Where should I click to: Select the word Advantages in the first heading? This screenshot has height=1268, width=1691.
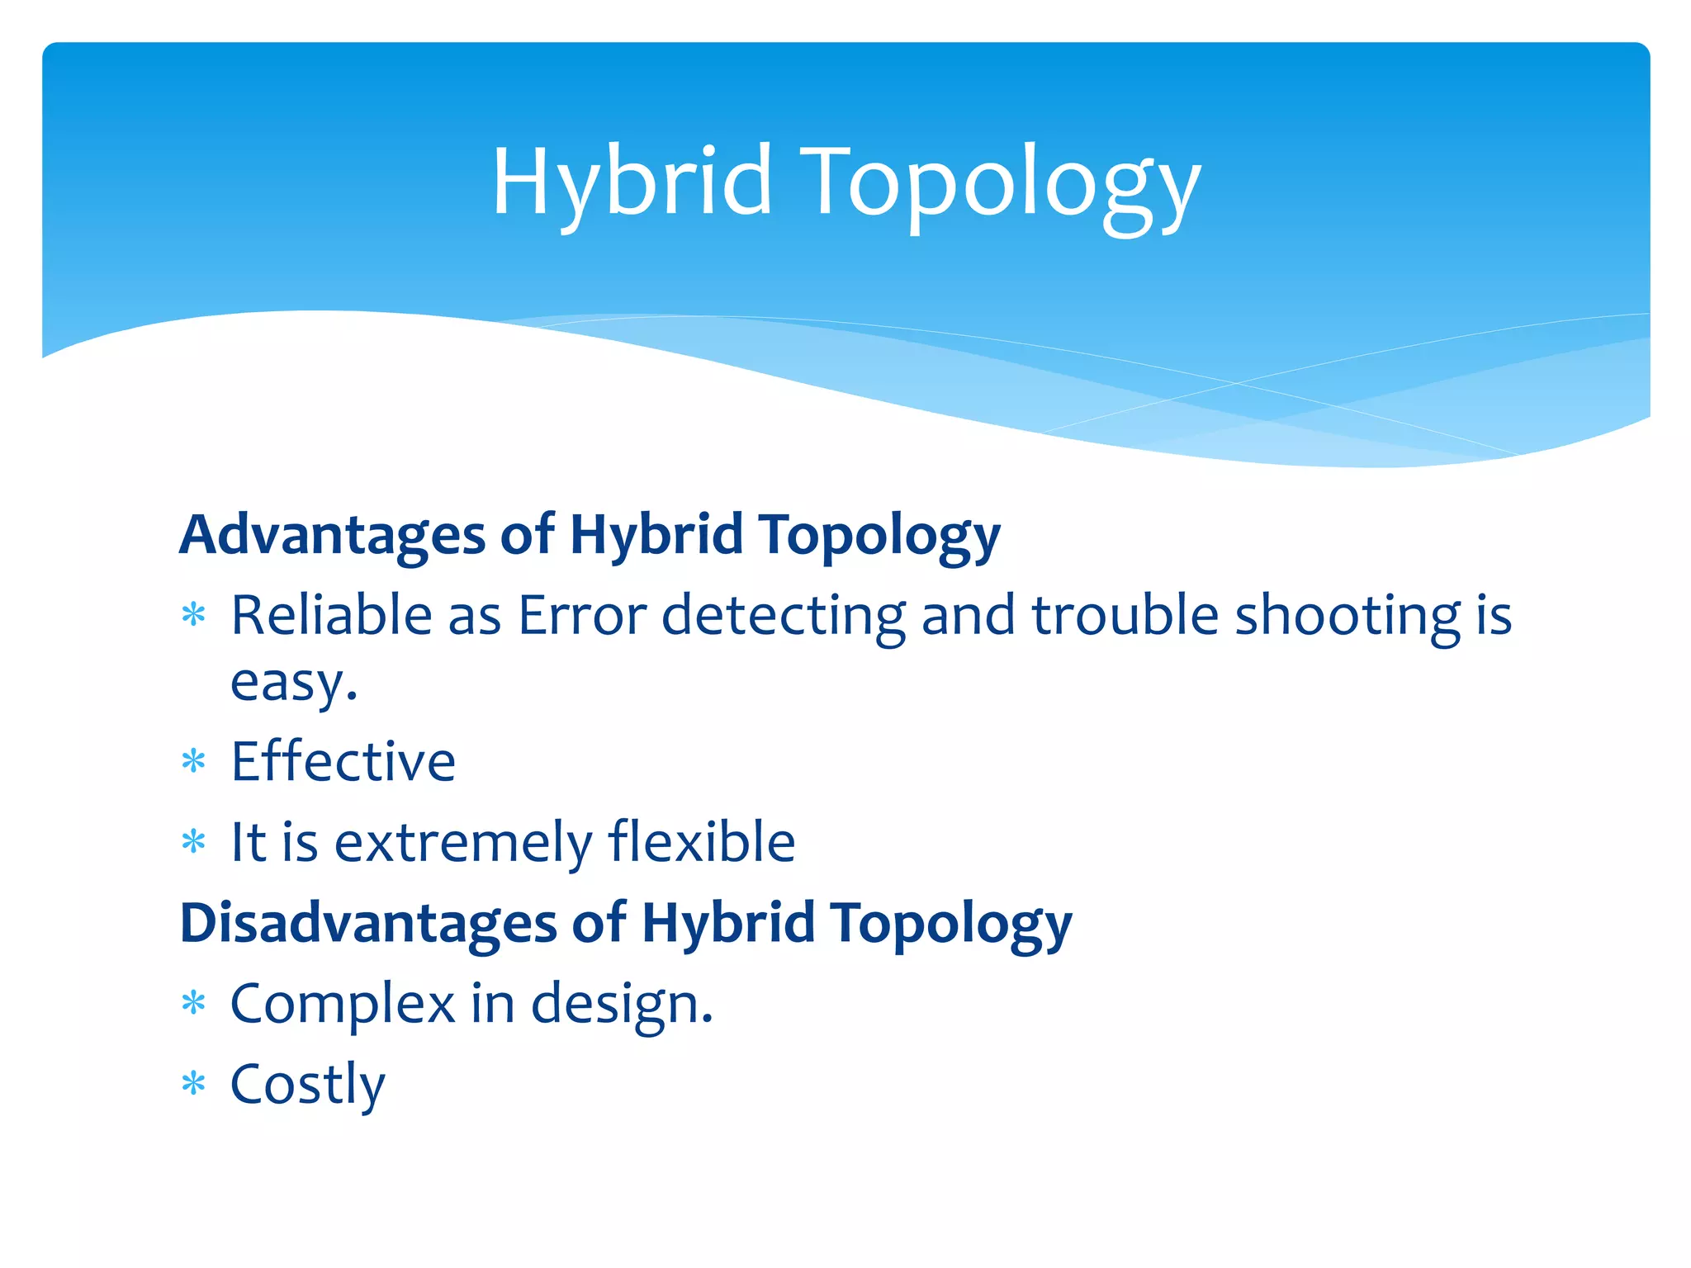[x=332, y=535]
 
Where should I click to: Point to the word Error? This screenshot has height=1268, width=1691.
[x=582, y=616]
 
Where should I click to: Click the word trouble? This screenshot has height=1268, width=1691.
[x=1125, y=616]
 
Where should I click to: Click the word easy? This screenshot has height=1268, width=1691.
[x=291, y=684]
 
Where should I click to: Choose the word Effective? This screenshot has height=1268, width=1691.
[x=343, y=761]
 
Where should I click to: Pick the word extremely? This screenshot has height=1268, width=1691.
[x=462, y=843]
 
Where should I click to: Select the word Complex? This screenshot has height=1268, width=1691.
[x=342, y=1005]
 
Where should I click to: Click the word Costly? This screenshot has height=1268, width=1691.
[x=307, y=1085]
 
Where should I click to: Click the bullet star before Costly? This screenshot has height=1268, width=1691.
[x=193, y=1083]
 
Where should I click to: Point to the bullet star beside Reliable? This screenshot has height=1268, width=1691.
[x=193, y=615]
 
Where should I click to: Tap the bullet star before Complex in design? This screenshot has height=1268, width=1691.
[x=193, y=1003]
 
